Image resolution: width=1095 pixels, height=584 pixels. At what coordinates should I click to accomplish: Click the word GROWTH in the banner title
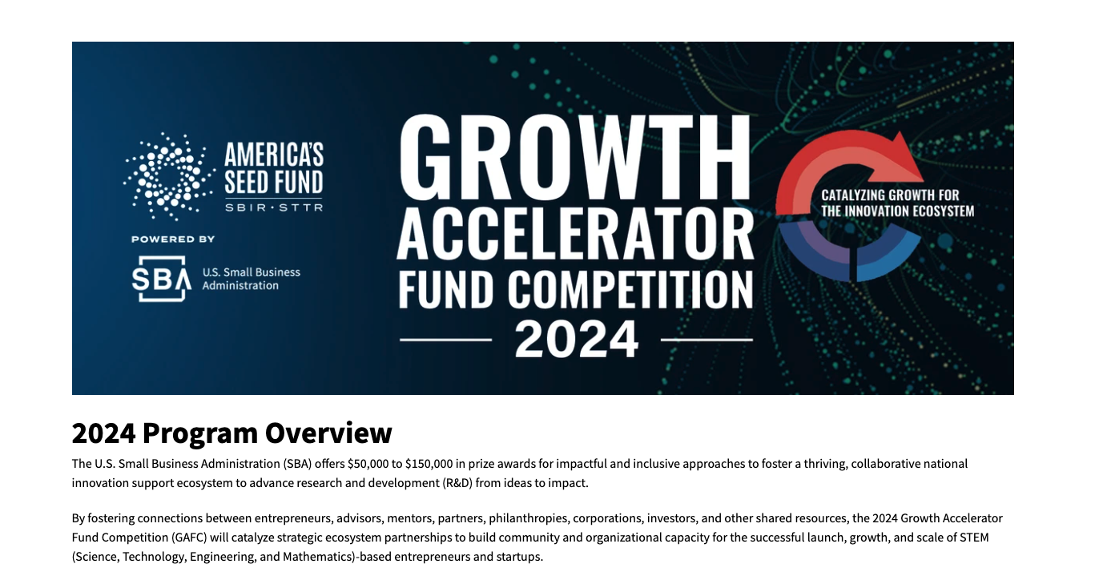(575, 156)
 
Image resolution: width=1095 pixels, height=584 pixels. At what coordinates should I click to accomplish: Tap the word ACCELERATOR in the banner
(575, 235)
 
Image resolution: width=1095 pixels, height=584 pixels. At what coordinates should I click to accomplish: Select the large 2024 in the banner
(577, 339)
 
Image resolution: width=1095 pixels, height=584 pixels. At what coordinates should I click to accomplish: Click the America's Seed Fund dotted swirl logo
(169, 176)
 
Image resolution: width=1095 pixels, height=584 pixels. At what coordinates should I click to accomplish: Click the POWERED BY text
(173, 239)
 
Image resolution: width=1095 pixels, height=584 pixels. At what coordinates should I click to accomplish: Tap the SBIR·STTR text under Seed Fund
(274, 207)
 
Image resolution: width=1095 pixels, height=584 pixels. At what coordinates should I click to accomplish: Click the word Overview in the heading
(328, 433)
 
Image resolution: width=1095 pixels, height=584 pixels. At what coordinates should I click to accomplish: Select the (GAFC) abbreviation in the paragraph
(189, 538)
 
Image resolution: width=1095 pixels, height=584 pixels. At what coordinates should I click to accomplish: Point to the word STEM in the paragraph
(974, 538)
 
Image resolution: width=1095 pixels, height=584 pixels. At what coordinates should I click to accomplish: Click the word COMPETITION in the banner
(630, 290)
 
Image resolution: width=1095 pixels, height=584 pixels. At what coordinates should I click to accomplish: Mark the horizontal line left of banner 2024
(446, 339)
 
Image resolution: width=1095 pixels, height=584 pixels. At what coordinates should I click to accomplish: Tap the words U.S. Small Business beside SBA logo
(252, 272)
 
